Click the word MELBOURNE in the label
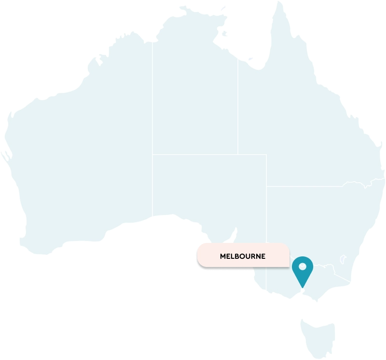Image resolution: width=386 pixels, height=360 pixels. click(242, 256)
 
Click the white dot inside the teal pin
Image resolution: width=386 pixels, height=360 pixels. click(303, 266)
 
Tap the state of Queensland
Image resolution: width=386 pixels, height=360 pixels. click(299, 120)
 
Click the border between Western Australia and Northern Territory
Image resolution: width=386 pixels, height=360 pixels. click(152, 120)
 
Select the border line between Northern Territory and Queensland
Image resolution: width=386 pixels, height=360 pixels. click(237, 106)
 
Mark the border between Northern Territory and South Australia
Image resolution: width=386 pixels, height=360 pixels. click(203, 155)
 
